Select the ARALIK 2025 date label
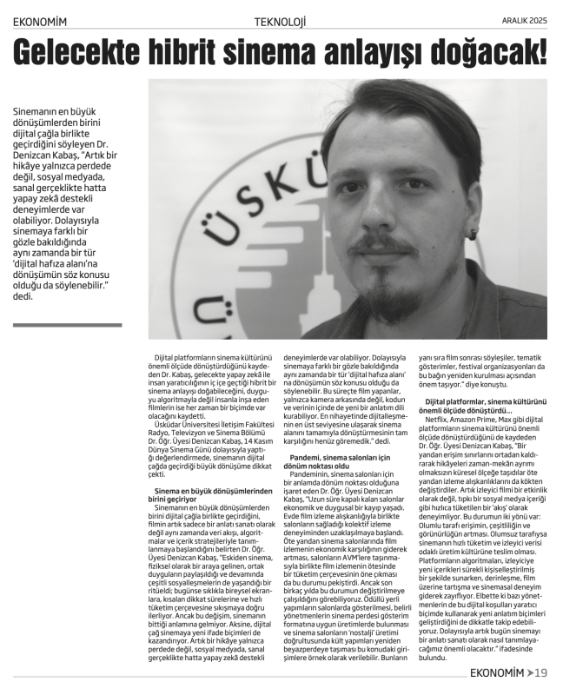pos(525,20)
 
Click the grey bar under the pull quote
pos(68,326)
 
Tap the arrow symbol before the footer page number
pos(531,672)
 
